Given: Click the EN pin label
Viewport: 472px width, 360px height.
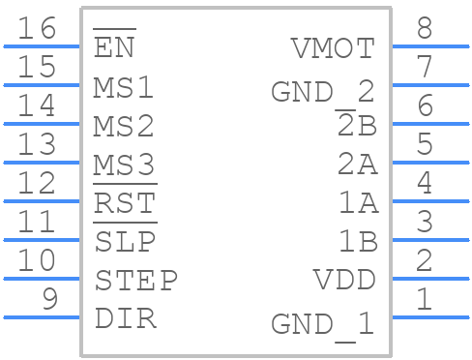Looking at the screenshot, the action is [115, 47].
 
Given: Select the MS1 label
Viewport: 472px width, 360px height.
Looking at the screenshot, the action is [124, 87].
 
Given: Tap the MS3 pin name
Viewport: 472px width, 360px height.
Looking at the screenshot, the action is [124, 165].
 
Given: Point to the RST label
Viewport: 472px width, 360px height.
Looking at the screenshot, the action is [124, 203].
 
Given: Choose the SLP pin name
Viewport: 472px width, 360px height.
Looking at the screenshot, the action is [124, 242].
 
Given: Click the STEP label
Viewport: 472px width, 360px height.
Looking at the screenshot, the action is [135, 281].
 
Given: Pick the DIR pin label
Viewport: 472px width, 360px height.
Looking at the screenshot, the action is [125, 319].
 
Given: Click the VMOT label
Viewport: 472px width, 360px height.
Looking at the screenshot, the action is [333, 48].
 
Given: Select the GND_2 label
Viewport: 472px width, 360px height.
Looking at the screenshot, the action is [322, 92].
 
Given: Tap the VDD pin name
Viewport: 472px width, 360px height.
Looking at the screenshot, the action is [344, 281].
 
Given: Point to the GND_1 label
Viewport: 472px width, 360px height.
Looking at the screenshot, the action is [322, 323].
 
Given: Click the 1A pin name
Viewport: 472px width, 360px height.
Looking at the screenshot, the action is [357, 203].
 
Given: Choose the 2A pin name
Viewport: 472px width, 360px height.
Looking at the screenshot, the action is [357, 165].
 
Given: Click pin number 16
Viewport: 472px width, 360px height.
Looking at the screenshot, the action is [38, 28].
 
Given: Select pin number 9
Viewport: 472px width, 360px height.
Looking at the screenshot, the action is [47, 299].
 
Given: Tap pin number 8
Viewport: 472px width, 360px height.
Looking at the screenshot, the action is [425, 28].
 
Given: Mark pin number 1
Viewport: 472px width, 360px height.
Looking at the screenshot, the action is [425, 299].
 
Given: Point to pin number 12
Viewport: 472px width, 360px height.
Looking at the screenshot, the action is [38, 183].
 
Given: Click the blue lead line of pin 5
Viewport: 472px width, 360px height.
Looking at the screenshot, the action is [429, 163].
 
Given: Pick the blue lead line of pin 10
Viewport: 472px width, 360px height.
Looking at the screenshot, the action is [43, 279].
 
